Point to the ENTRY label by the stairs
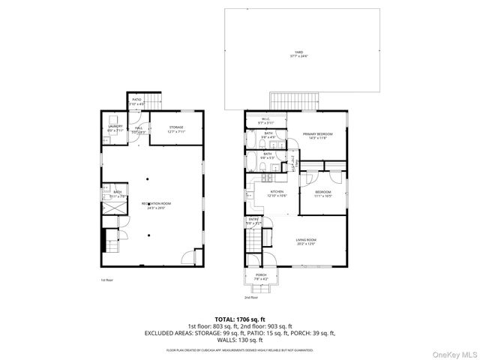pos(253,220)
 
